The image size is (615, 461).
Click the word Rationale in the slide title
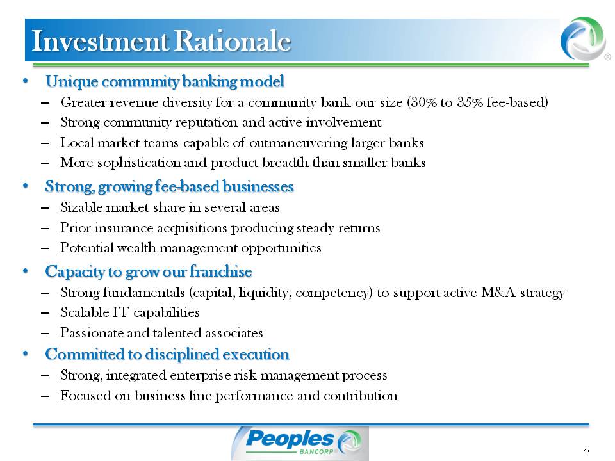click(233, 41)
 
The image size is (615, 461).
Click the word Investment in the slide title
click(101, 41)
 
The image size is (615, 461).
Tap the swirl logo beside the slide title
click(583, 38)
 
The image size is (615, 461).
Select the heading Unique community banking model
click(165, 81)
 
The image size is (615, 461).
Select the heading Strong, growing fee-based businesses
click(169, 186)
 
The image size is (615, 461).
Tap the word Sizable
click(81, 207)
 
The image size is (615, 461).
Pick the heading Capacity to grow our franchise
click(148, 271)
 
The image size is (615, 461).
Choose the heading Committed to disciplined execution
click(167, 354)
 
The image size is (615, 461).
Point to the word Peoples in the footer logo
click(290, 439)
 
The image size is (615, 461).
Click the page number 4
click(586, 450)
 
